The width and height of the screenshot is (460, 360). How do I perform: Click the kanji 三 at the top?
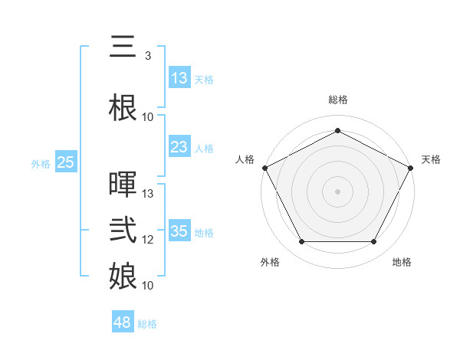click(123, 47)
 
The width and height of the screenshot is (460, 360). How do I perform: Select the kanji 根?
click(123, 107)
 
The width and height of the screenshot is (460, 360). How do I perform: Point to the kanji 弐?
click(123, 231)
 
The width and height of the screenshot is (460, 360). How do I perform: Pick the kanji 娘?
click(123, 277)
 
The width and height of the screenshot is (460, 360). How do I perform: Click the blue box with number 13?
click(179, 78)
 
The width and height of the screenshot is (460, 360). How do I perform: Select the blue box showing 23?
click(179, 147)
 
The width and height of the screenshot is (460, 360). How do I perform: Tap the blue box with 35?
click(179, 231)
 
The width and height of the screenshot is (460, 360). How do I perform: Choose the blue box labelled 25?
click(66, 162)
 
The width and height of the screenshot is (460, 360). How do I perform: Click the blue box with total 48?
click(123, 322)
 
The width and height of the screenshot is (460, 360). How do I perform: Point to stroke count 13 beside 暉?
click(148, 194)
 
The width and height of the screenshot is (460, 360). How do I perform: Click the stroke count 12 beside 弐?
click(148, 240)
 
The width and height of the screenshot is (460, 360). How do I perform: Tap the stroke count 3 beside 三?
click(147, 56)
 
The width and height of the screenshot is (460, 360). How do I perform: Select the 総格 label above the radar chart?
click(337, 100)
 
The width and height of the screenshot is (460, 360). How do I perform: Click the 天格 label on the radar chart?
click(431, 159)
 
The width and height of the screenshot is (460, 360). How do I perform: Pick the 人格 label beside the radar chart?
click(245, 159)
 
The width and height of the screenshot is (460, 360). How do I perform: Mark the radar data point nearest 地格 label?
click(373, 242)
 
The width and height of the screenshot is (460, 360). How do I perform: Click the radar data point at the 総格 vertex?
click(337, 130)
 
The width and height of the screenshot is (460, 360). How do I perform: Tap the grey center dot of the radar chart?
click(337, 191)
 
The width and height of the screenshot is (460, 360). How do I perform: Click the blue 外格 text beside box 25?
click(41, 163)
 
